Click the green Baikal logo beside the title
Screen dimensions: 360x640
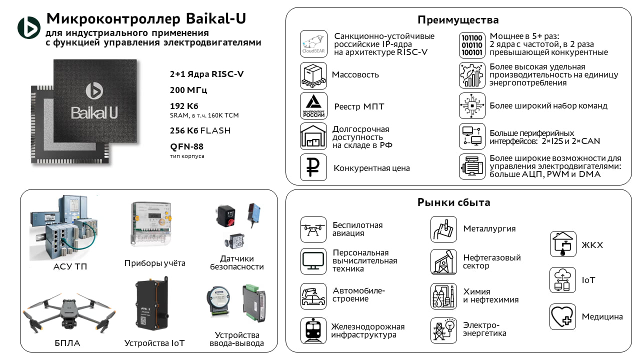pyautogui.click(x=29, y=28)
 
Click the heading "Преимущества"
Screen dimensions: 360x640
pyautogui.click(x=458, y=20)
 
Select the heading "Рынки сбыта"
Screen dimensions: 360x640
pyautogui.click(x=453, y=202)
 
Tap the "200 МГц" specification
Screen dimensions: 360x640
pyautogui.click(x=188, y=90)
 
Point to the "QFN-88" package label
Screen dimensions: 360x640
pyautogui.click(x=186, y=147)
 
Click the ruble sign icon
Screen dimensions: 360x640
pyautogui.click(x=313, y=167)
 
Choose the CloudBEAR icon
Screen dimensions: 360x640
pyautogui.click(x=313, y=44)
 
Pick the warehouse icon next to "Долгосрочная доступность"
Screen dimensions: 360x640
pyautogui.click(x=313, y=136)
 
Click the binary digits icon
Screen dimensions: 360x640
pyautogui.click(x=472, y=45)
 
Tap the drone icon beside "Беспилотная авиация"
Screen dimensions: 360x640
pyautogui.click(x=313, y=229)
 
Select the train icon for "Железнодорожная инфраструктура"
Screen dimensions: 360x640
pyautogui.click(x=313, y=330)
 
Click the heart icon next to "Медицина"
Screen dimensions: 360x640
pyautogui.click(x=562, y=316)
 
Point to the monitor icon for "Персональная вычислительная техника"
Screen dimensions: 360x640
pyautogui.click(x=313, y=261)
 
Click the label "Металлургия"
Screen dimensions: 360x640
pyautogui.click(x=489, y=229)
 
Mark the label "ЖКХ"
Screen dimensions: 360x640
pyautogui.click(x=592, y=245)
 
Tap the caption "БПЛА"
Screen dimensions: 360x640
pyautogui.click(x=67, y=343)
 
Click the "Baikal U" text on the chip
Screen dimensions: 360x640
pyautogui.click(x=94, y=112)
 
